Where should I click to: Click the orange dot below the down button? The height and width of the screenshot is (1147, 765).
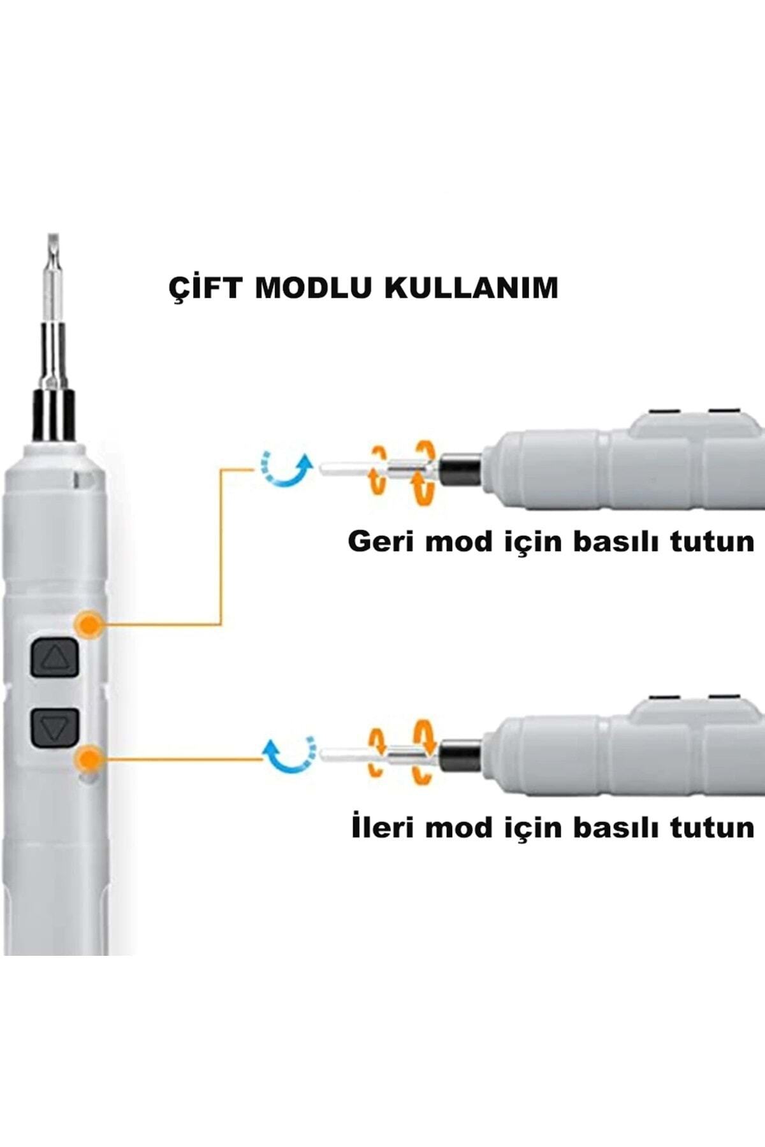[x=89, y=758]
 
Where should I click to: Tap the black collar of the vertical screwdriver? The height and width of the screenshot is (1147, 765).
[x=54, y=415]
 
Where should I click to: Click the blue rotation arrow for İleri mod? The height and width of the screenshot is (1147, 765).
[x=291, y=755]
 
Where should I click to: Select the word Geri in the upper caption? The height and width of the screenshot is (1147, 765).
[x=379, y=542]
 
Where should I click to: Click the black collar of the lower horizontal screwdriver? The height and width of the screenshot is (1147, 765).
[x=460, y=755]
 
